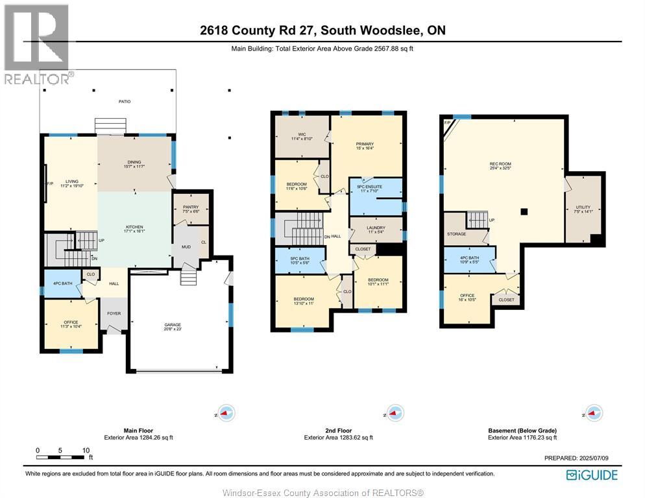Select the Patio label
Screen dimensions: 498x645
[x=107, y=102]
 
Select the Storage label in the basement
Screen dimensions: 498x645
[x=456, y=234]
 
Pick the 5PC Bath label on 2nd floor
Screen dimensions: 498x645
[x=299, y=261]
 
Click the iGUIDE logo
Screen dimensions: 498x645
[x=592, y=475]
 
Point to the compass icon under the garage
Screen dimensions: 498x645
[x=225, y=412]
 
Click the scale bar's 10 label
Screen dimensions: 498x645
[x=85, y=450]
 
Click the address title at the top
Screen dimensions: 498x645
[x=322, y=30]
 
